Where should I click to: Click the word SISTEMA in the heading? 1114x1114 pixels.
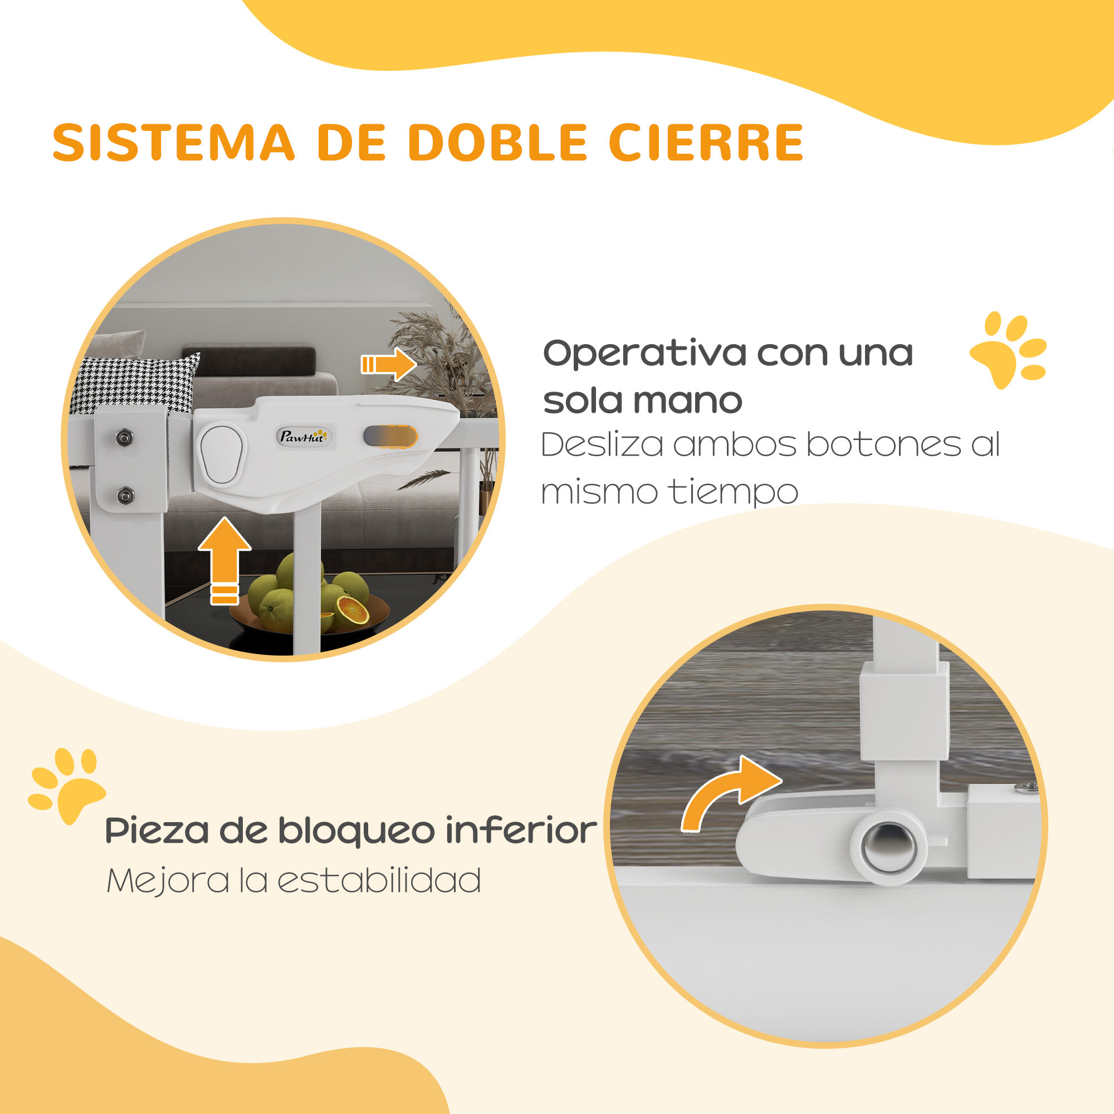[x=174, y=143]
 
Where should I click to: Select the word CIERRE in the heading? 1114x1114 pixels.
[x=706, y=143]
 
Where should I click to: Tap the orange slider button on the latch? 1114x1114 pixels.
[x=390, y=437]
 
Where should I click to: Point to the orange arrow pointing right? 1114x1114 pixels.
[x=389, y=364]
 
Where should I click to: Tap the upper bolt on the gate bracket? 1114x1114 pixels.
[x=124, y=438]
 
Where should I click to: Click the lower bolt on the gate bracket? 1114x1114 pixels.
[x=125, y=495]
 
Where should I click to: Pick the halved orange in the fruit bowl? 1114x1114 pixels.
[x=353, y=612]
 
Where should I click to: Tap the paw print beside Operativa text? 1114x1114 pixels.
[x=1009, y=348]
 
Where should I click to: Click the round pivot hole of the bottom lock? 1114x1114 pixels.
[x=888, y=847]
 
